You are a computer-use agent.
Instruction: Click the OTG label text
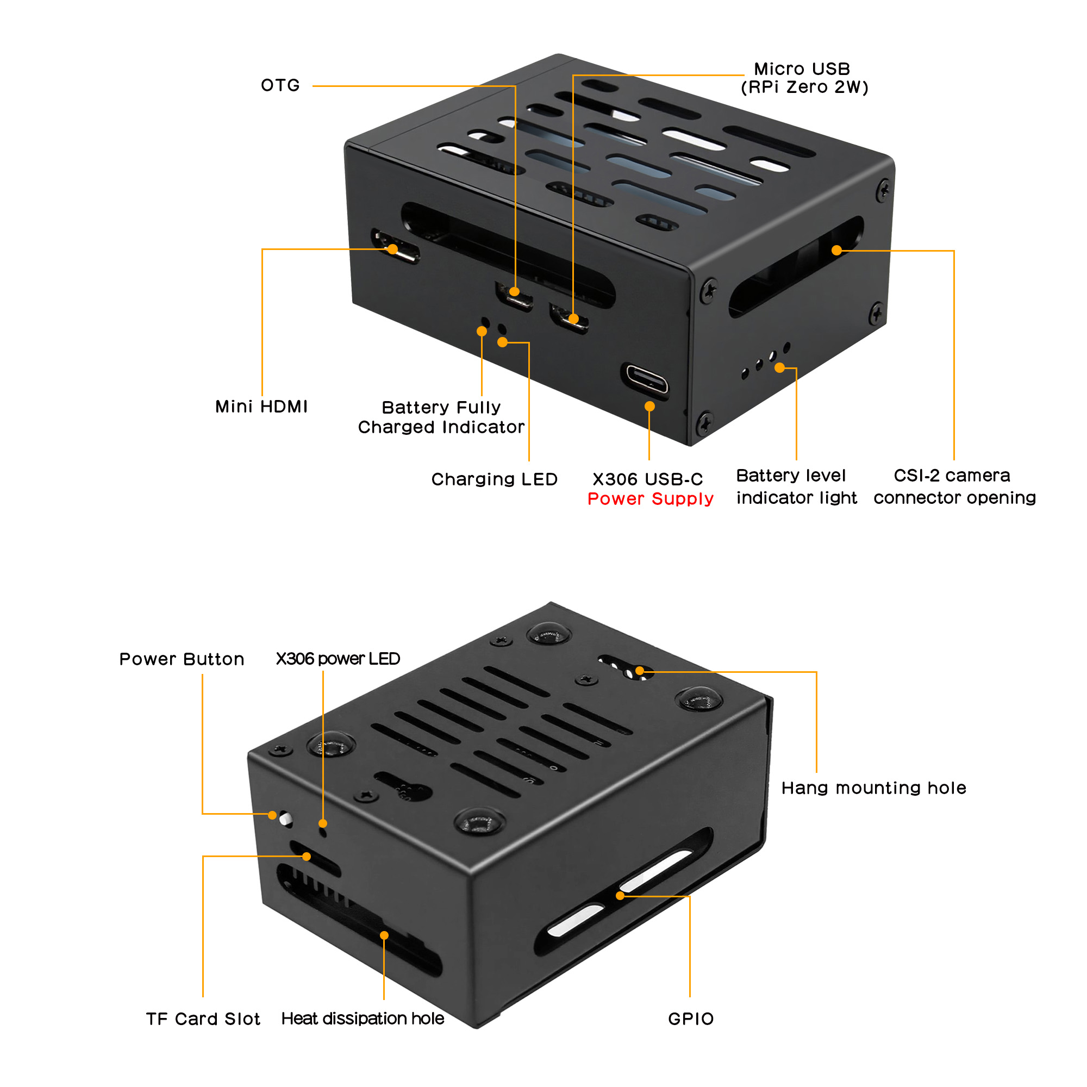point(280,85)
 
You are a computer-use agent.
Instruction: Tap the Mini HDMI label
point(261,407)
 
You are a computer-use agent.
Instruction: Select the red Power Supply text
point(651,499)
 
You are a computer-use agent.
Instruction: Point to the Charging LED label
point(494,479)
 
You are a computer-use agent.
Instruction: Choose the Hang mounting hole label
point(873,788)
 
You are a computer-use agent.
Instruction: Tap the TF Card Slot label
point(203,1020)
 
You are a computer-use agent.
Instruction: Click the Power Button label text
point(182,659)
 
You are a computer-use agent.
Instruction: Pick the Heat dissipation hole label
point(363,1019)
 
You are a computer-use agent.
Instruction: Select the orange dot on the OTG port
point(514,291)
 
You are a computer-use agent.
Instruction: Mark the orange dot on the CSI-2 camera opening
point(836,251)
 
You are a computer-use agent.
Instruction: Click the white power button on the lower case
point(285,817)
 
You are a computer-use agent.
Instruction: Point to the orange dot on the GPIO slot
point(620,896)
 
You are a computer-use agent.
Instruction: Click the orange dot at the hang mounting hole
point(640,671)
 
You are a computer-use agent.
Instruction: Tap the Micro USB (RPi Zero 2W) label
point(804,78)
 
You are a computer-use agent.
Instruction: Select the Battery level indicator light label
point(796,486)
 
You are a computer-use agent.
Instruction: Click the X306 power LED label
point(338,659)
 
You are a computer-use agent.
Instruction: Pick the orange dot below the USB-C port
point(649,406)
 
